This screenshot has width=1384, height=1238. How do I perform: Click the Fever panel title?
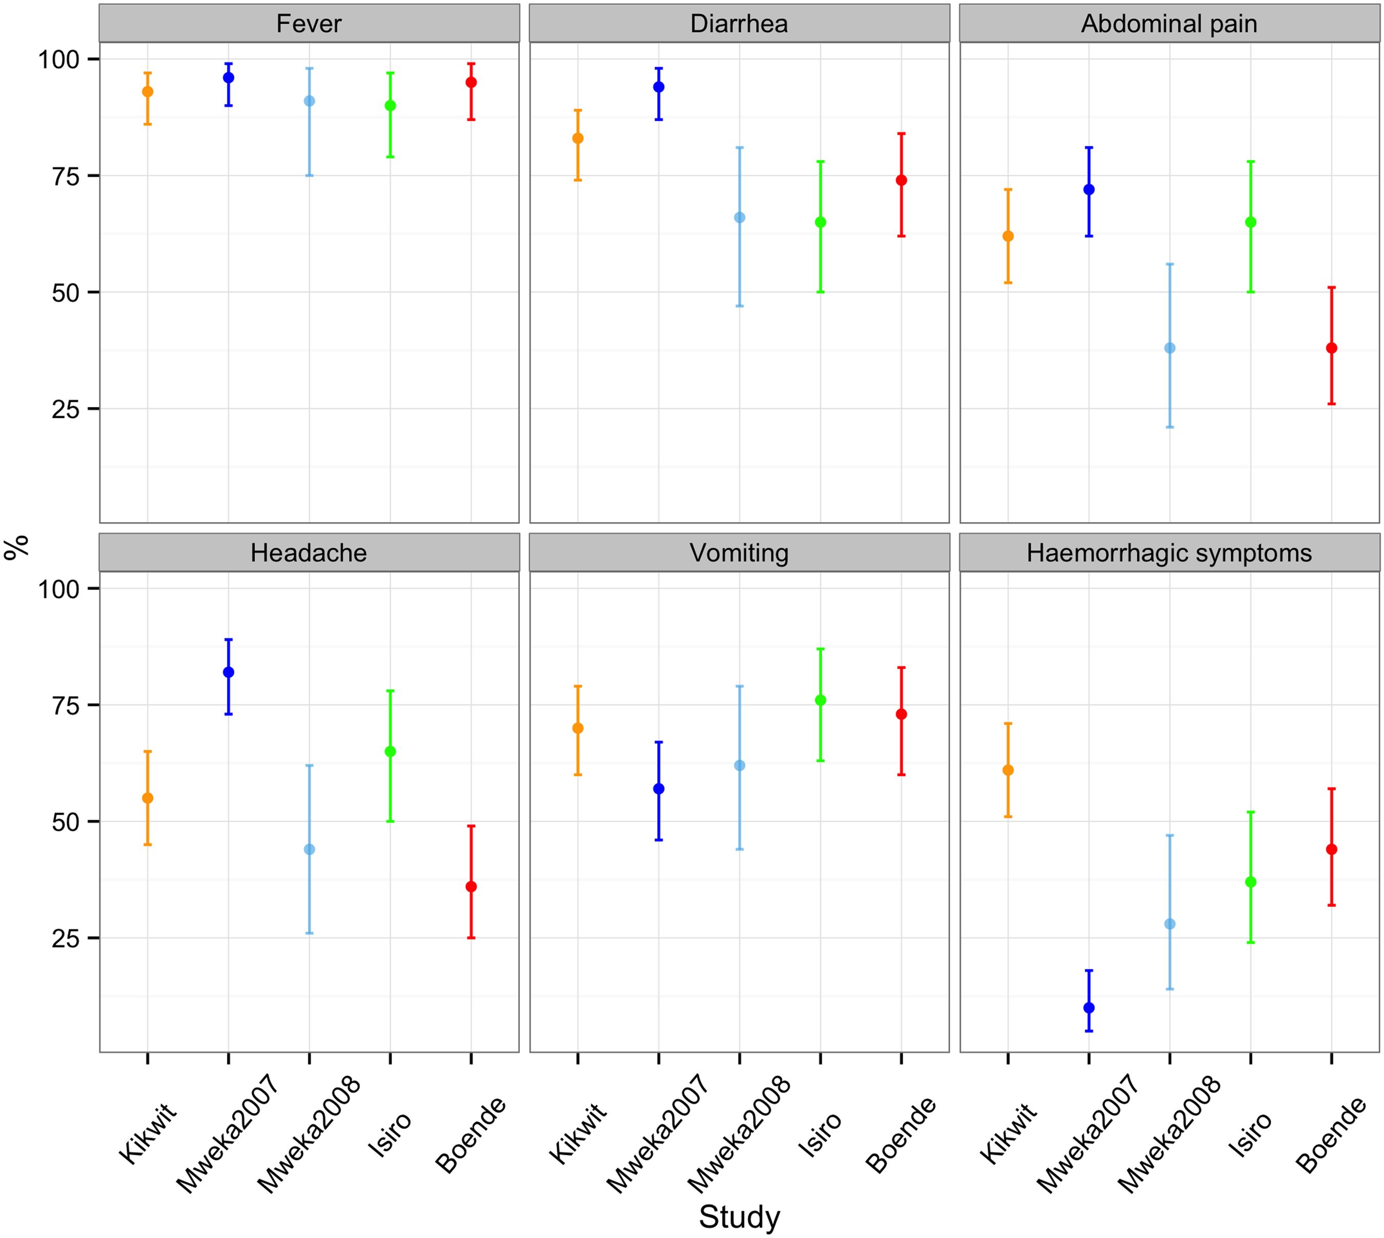click(309, 24)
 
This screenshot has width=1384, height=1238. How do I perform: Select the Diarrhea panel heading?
click(739, 24)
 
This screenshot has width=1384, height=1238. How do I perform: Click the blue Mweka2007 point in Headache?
click(229, 672)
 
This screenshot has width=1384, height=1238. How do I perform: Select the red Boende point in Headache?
click(471, 887)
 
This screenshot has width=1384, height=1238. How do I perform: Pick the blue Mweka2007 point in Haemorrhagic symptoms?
click(1089, 1008)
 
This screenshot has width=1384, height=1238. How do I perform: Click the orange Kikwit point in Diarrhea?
click(577, 138)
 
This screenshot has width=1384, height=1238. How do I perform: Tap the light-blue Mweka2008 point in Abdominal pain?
click(1170, 348)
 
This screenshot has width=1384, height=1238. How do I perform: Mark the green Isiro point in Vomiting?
click(820, 700)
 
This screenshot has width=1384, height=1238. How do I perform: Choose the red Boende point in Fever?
click(471, 83)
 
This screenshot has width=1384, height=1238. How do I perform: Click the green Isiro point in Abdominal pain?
click(1251, 222)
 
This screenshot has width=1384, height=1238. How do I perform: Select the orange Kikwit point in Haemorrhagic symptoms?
click(1008, 770)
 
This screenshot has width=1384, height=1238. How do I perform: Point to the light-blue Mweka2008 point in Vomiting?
click(739, 765)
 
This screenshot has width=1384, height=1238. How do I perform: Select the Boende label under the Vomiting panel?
click(901, 1134)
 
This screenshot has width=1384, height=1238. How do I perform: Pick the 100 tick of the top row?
click(58, 59)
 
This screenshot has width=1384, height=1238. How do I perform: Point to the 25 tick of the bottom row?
click(65, 938)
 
